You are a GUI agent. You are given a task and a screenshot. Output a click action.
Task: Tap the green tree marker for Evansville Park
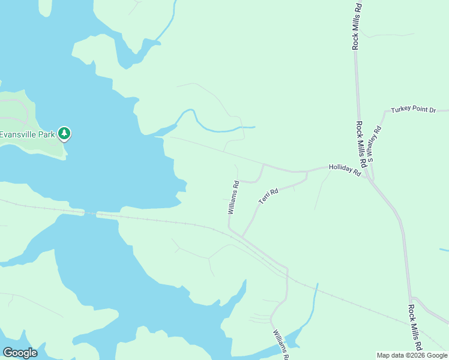64,133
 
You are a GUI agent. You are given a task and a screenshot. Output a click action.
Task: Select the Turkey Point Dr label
413,110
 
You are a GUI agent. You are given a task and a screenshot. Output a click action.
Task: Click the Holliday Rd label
344,171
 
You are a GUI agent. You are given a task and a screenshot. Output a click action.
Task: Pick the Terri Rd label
268,196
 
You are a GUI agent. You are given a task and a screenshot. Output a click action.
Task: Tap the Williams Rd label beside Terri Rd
234,197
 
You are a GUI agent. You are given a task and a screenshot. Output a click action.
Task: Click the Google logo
20,353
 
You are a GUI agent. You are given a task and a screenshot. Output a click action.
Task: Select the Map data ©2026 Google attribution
412,355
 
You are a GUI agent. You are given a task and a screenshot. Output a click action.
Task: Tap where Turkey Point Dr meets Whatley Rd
384,112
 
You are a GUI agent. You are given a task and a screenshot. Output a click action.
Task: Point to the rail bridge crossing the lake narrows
90,213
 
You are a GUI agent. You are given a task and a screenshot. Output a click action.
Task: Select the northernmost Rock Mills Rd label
357,25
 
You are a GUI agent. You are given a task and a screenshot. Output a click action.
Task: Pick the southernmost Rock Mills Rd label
414,327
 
